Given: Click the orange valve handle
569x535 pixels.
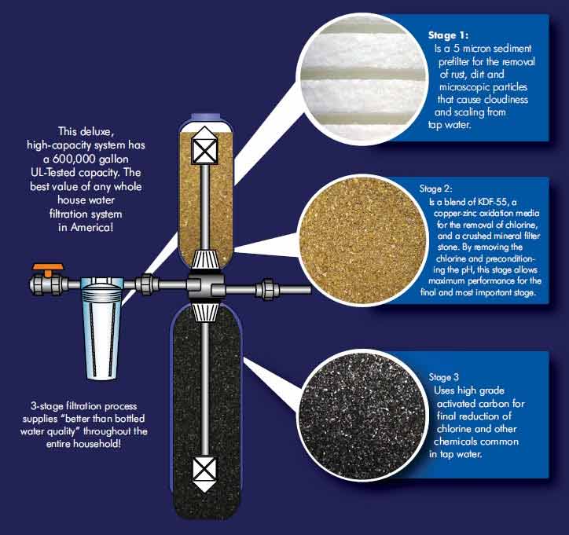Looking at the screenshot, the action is pos(48,269).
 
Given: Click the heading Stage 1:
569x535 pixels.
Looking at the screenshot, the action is pos(448,35).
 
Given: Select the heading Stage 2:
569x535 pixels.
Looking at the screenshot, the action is pos(436,189).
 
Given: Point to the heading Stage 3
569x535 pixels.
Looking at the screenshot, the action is pos(443,377).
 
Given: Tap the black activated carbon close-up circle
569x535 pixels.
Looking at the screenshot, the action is pos(362,416).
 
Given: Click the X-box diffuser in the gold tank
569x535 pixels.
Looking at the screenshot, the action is pos(204,146).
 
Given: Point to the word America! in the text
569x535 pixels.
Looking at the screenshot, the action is pos(92,227).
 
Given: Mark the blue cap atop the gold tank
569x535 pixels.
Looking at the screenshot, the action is pos(206,118).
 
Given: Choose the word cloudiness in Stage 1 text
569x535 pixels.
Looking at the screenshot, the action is pos(506,100).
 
